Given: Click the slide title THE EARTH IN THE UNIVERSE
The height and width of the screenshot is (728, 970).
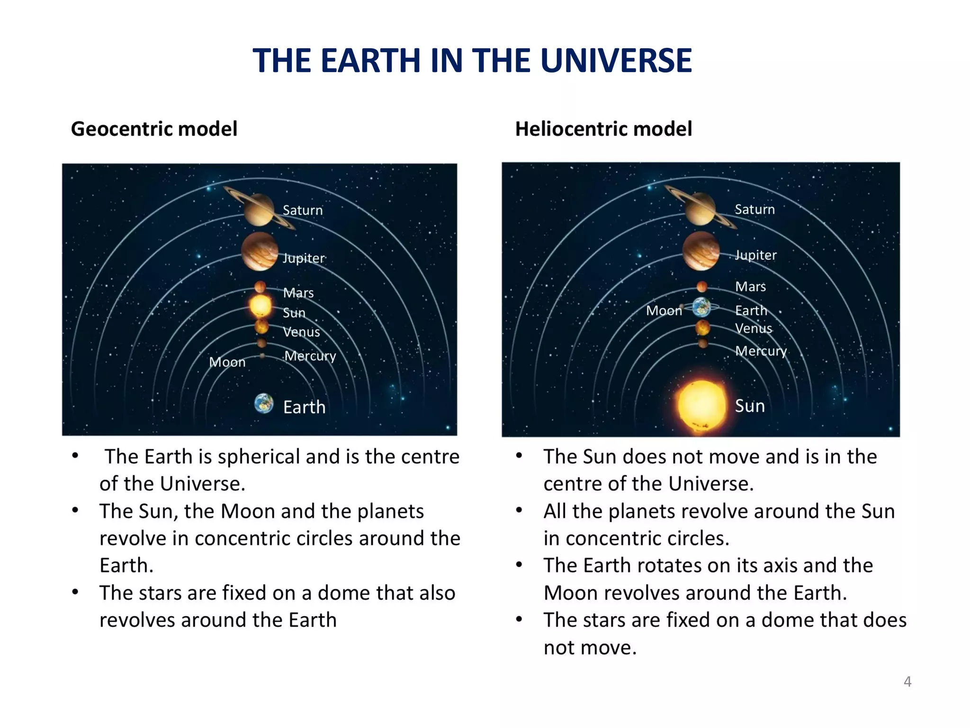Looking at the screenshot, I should tap(472, 61).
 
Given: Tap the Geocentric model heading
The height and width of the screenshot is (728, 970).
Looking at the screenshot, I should tap(154, 129).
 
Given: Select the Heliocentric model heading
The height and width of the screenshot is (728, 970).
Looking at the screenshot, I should tap(603, 129).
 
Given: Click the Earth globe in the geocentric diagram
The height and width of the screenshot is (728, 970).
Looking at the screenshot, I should tap(264, 403).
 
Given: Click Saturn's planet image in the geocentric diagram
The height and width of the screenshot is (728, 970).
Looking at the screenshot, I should tap(259, 209).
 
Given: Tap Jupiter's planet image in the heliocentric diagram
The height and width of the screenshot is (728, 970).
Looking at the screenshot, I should tap(701, 251).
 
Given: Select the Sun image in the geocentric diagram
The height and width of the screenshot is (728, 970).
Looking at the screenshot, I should tap(260, 306).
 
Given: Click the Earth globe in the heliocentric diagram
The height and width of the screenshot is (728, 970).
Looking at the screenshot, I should tap(701, 307).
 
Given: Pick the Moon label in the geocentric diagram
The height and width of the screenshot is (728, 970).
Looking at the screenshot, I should tap(227, 363).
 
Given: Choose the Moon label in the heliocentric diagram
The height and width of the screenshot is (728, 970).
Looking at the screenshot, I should tap(664, 311).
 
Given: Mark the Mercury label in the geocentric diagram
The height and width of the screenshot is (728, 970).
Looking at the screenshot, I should tap(310, 356).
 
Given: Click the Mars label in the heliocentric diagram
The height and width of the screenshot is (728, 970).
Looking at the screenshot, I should tap(750, 287).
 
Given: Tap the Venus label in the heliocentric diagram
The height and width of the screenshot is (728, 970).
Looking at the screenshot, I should tap(754, 328).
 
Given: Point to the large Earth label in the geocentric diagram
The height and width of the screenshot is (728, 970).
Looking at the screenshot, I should tap(304, 407).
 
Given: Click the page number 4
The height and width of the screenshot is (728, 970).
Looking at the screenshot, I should tap(907, 682).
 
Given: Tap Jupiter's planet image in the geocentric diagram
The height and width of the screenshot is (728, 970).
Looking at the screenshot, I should tap(260, 252).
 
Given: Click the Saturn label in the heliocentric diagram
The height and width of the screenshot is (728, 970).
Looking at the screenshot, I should tap(754, 209).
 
